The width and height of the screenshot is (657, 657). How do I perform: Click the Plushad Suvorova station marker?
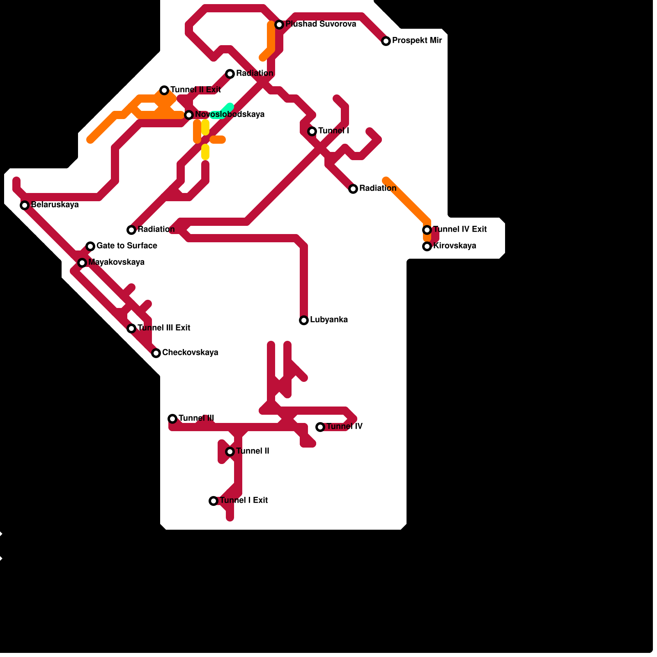pos(279,25)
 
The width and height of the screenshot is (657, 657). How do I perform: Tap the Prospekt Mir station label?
pos(417,41)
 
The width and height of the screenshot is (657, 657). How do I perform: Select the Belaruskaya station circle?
pos(25,205)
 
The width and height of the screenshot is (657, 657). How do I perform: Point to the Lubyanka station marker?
pos(304,320)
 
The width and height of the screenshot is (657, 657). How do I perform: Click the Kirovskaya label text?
pos(455,246)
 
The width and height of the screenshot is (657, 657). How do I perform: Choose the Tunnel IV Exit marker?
pos(427,230)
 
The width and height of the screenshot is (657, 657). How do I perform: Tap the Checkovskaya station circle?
pos(156,353)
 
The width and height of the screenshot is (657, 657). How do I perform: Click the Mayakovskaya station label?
pos(116,262)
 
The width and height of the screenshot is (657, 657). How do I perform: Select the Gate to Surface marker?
pos(90,246)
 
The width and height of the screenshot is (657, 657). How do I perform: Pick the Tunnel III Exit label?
pos(163,328)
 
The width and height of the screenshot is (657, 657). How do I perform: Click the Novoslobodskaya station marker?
pos(189,115)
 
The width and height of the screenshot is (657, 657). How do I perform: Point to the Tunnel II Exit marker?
pos(164,90)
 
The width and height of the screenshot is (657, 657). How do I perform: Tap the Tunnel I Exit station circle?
pos(214,501)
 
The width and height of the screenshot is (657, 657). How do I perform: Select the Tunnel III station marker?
pos(172,419)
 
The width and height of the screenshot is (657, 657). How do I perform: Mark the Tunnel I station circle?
pos(312,131)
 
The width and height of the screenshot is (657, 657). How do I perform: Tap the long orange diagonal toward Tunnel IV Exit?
pos(407,200)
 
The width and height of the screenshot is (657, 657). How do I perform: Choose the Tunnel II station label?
pos(253,451)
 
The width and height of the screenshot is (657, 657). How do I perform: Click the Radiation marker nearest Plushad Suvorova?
pos(230,74)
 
